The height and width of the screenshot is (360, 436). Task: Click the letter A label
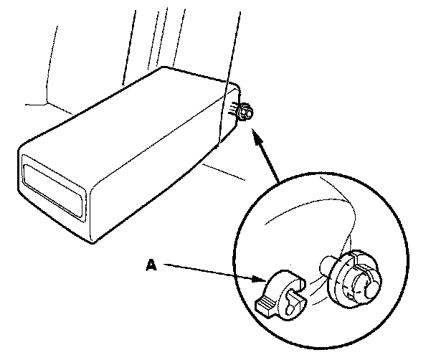click(x=150, y=265)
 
